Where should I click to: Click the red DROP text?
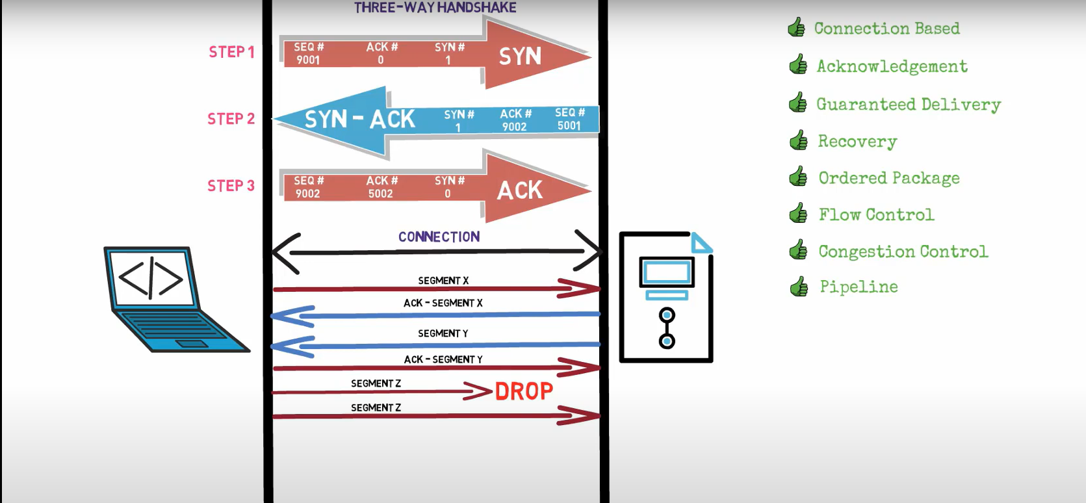coord(524,391)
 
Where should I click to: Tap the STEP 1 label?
coord(231,52)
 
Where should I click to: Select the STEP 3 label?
coord(231,186)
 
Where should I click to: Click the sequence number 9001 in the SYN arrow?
coord(308,60)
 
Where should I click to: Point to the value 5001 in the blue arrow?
coord(569,126)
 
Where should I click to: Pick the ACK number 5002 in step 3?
coord(380,194)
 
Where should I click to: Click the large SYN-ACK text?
coord(359,120)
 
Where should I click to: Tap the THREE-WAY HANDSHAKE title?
coord(435,8)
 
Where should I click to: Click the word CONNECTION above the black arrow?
coord(439,237)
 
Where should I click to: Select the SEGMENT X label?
coord(443,281)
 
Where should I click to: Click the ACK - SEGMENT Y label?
coord(443,359)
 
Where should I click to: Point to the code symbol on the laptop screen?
coord(151,277)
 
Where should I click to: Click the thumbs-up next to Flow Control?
coord(798,214)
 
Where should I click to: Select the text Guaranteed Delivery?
coord(908,105)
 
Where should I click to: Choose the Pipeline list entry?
coord(859,287)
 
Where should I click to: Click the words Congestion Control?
coord(903,251)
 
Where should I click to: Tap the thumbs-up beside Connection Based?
coord(796,27)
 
